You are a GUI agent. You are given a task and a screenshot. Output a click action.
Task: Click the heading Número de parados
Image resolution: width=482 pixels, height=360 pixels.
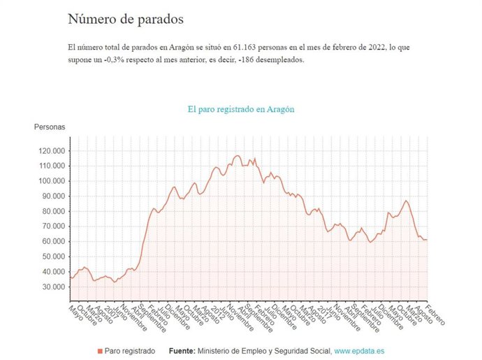126,20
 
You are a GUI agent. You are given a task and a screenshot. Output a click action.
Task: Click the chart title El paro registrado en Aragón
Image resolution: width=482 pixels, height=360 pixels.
241,110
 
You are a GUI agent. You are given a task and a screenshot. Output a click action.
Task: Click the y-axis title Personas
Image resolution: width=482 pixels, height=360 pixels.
50,127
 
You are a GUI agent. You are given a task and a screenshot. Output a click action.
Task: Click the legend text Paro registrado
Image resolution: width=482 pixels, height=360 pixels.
130,350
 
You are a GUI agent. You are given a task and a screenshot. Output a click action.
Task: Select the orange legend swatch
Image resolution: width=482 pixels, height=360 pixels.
100,350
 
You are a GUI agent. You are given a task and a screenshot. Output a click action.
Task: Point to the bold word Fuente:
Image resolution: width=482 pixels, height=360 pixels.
183,350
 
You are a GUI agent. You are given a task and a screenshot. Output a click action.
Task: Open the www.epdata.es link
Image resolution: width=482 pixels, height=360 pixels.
361,350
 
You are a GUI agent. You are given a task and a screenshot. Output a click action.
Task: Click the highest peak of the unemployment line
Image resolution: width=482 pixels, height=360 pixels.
238,155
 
